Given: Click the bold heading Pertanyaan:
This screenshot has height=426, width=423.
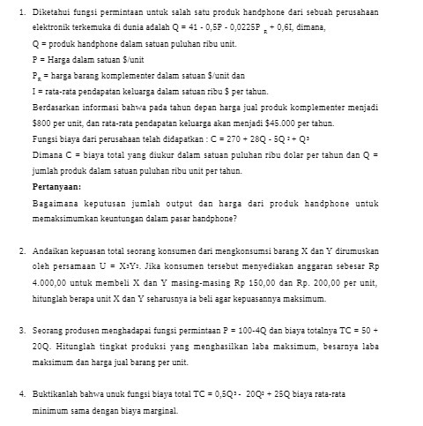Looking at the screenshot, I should tap(56, 188).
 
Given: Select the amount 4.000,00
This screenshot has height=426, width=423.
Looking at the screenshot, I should tap(50, 282).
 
